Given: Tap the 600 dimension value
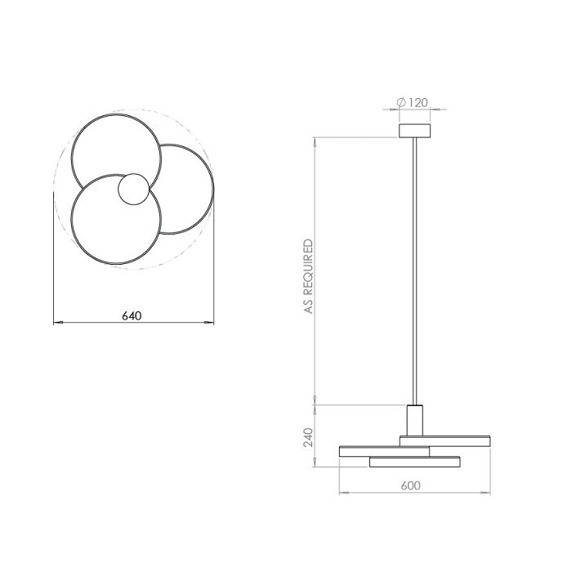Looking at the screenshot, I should coord(411,485).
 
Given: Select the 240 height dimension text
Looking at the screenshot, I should coord(309,438).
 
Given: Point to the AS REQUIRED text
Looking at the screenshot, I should coord(309,276).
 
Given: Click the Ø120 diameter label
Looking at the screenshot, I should coord(412,102).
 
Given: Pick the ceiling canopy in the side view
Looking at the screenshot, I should coord(416,131).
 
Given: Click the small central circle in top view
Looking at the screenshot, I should coord(133,190).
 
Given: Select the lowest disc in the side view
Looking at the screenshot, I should coord(416,462).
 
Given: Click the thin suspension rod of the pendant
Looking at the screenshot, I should coord(416,270).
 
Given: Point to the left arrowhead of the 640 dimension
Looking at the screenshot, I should coord(57,324).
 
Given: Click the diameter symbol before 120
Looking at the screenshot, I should coord(401,102).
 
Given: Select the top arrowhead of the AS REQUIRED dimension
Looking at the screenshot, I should coord(315,141).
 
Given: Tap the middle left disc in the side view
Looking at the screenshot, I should coord(384,450).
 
